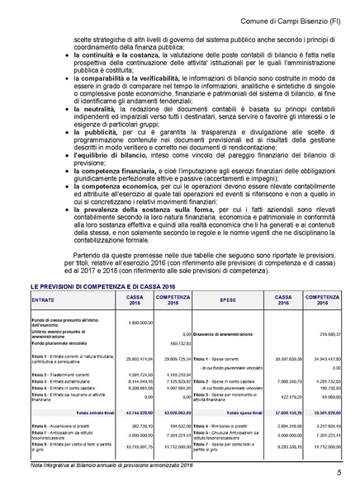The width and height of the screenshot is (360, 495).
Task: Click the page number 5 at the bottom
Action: [338, 474]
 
